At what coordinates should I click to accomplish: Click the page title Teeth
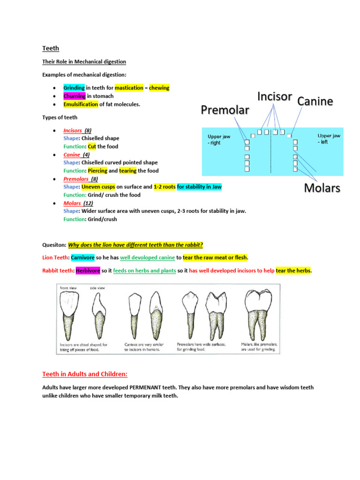51,48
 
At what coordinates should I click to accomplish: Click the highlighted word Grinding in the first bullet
74,88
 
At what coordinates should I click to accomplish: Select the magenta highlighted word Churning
74,96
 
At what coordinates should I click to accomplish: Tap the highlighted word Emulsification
81,104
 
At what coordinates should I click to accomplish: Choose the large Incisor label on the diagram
275,97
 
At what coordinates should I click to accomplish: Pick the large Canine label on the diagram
315,101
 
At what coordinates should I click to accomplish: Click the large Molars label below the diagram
322,188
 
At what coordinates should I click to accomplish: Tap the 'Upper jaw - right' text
219,139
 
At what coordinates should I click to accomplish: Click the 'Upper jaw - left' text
329,138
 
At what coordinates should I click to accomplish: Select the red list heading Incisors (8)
77,130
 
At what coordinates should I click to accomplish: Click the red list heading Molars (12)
77,203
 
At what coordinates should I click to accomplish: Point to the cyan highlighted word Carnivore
82,257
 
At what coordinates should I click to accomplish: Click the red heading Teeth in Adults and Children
85,374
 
